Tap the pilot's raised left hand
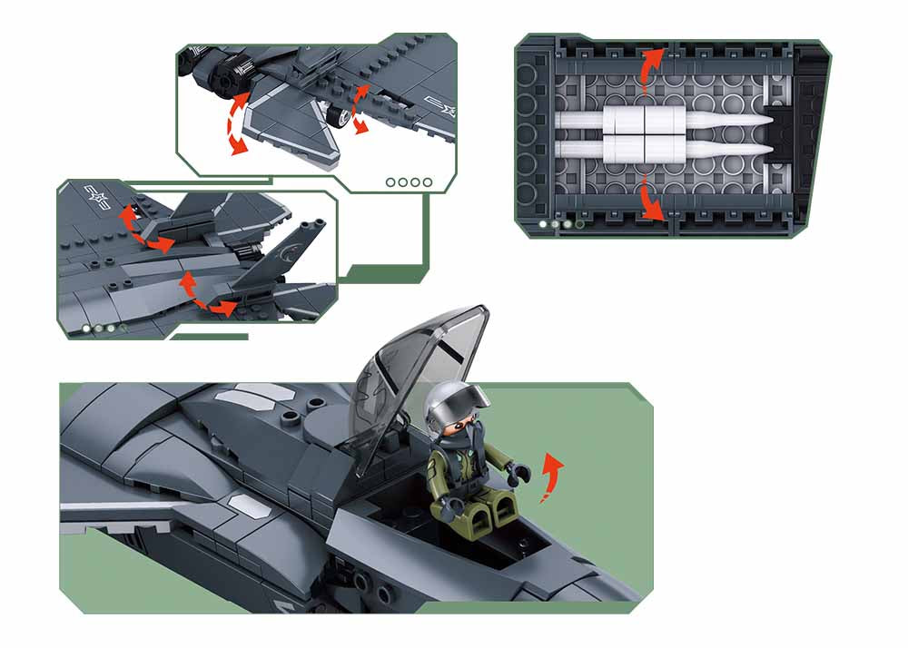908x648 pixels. (x=519, y=472)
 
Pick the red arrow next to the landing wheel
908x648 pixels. (x=360, y=109)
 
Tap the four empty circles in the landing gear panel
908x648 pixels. (x=409, y=182)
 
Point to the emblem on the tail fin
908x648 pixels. (x=292, y=244)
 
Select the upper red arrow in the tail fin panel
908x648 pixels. (x=145, y=229)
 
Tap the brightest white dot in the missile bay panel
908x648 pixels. (x=543, y=222)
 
